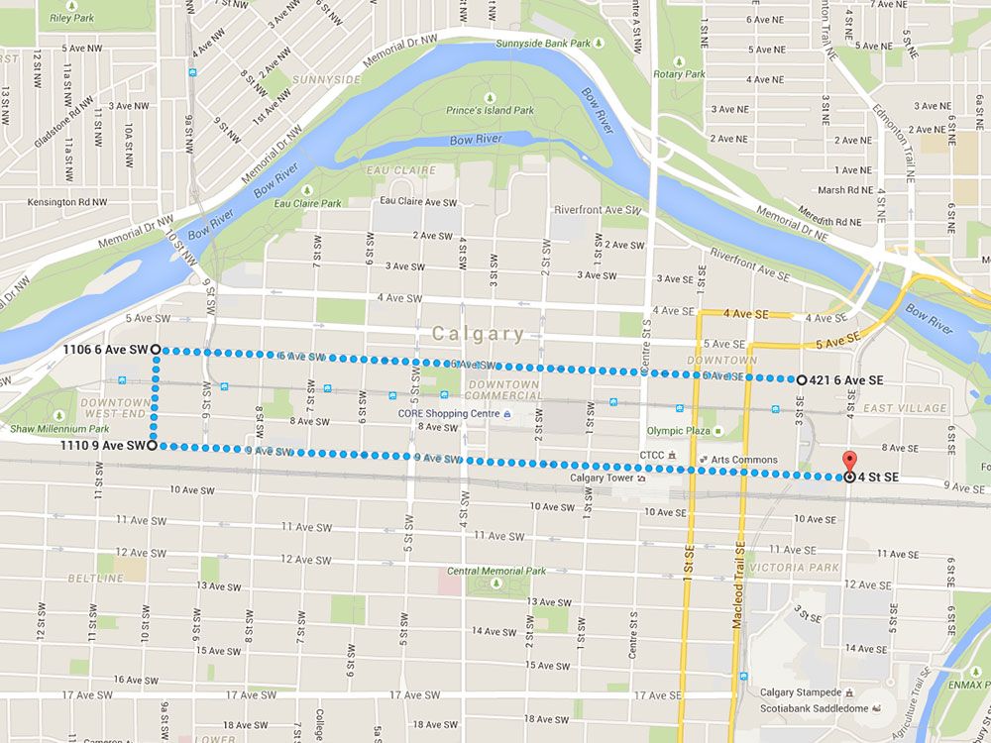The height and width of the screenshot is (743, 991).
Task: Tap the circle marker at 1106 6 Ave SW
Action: [157, 350]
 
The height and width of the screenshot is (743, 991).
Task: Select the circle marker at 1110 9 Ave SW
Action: [152, 446]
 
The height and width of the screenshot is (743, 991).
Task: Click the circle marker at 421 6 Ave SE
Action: [801, 379]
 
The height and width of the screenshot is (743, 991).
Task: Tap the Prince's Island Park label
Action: [490, 110]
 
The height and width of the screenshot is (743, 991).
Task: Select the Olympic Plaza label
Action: [680, 431]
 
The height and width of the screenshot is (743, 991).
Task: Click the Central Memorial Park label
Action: [496, 571]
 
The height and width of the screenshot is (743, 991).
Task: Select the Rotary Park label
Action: [680, 73]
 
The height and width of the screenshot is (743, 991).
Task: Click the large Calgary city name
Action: [479, 334]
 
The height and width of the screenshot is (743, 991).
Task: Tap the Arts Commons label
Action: [751, 460]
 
